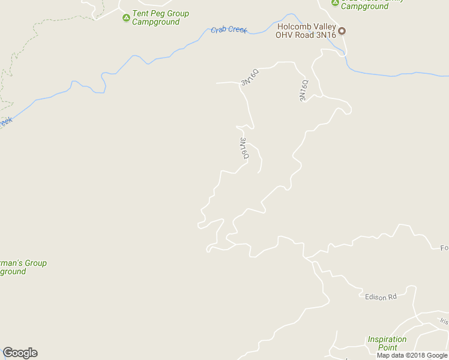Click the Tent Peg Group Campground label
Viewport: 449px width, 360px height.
(x=160, y=18)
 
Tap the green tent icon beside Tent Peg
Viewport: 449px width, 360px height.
(x=126, y=17)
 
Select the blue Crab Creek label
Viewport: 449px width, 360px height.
(x=229, y=29)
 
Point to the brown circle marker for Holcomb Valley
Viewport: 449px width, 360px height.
(x=342, y=31)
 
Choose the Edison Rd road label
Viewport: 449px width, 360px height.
(x=381, y=297)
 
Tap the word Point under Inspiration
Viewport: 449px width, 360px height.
(x=387, y=347)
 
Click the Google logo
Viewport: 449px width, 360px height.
(x=20, y=353)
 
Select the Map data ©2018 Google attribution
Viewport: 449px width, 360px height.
(x=412, y=355)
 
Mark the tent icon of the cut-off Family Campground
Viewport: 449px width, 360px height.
(x=335, y=2)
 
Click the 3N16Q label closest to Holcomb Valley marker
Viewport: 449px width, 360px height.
(x=304, y=90)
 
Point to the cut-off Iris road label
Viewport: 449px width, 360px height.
(x=444, y=322)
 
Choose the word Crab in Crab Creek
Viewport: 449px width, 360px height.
(x=219, y=29)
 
